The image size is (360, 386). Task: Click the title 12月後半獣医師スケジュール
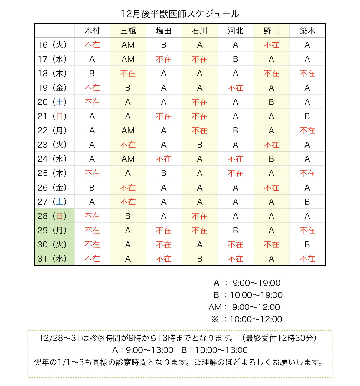point(180,14)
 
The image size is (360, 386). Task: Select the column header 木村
point(92,31)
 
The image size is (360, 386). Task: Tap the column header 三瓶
point(128,31)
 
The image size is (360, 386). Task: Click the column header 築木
point(307,31)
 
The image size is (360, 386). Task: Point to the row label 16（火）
point(52,45)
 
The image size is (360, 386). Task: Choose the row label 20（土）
point(52,102)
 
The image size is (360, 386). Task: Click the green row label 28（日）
point(52,216)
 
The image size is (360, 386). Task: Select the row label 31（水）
point(52,259)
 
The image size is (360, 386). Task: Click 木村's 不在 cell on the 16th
point(92,45)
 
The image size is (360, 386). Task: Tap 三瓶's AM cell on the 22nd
point(128,131)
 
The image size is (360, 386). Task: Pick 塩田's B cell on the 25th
point(164,173)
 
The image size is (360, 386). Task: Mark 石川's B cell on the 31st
point(200,259)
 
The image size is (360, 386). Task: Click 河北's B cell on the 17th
point(235,59)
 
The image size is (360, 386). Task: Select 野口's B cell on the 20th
point(271,102)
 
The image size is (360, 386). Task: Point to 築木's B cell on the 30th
point(307,245)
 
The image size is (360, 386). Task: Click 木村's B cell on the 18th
point(92,74)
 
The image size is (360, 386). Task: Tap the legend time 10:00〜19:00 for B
point(256,295)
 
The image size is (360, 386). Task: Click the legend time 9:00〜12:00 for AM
point(256,307)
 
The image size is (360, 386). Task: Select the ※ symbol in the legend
point(215,319)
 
